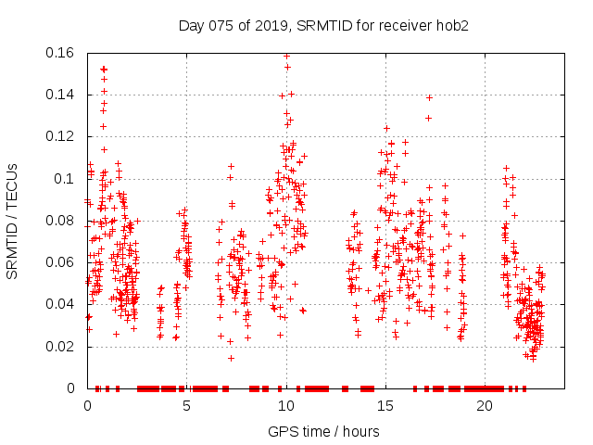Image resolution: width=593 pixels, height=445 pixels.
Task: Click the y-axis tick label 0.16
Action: [61, 53]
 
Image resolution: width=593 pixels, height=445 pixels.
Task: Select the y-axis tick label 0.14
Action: [61, 95]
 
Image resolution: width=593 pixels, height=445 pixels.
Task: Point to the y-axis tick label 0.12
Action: [61, 136]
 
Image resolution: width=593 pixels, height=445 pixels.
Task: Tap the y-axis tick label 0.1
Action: [66, 179]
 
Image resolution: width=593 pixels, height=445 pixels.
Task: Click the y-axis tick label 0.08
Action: [61, 221]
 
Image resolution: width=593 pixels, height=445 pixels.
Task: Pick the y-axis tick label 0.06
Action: [61, 262]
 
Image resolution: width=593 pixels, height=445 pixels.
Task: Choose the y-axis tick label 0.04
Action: [61, 304]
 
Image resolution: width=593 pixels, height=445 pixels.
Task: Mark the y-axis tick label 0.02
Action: [61, 347]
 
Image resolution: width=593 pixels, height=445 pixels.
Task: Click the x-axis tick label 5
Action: [186, 406]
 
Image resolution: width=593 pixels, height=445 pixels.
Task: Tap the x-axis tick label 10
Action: [285, 406]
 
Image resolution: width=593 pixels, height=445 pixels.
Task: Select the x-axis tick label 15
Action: [385, 406]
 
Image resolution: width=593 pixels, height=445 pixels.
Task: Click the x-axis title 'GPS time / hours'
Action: [323, 431]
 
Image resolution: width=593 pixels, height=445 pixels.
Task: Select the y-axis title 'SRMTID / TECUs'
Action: [13, 221]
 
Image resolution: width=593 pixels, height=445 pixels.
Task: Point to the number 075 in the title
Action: [219, 25]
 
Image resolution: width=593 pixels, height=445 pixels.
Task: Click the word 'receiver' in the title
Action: [406, 25]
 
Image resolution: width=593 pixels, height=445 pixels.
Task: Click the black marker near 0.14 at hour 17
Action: [429, 97]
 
